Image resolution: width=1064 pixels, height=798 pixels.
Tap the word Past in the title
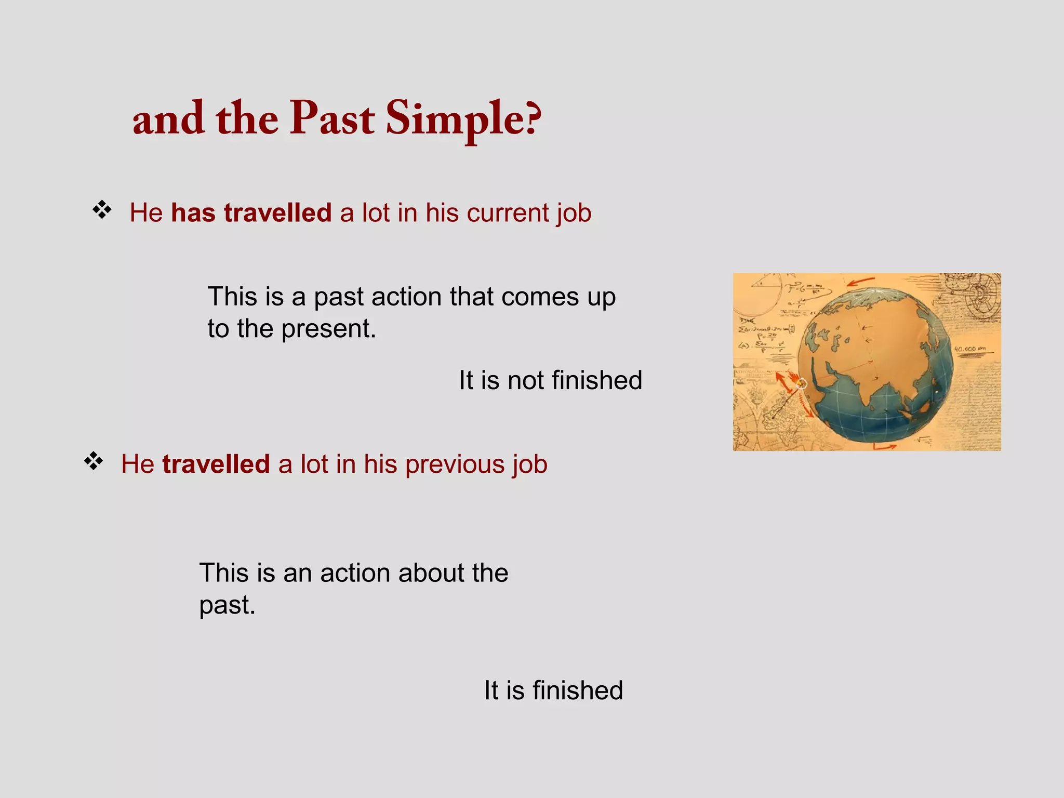332,118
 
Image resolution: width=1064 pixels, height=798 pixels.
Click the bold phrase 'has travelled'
251,213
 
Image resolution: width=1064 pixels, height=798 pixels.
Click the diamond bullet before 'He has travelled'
102,210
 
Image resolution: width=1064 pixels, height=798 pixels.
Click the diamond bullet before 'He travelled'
94,461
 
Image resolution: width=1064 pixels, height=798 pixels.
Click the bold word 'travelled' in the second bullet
216,464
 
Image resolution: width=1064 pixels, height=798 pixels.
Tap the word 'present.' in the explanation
329,329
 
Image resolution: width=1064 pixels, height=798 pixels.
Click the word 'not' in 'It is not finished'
525,380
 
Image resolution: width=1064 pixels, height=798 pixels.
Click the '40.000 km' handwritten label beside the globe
970,349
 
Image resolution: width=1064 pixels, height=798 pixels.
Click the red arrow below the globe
884,446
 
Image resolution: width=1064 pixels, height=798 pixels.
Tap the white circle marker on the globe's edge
802,384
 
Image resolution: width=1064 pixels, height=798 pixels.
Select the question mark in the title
533,118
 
